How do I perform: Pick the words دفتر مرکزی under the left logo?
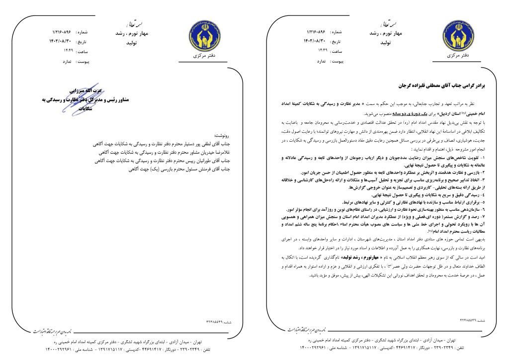(203, 56)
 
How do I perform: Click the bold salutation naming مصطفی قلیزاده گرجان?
(438, 86)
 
